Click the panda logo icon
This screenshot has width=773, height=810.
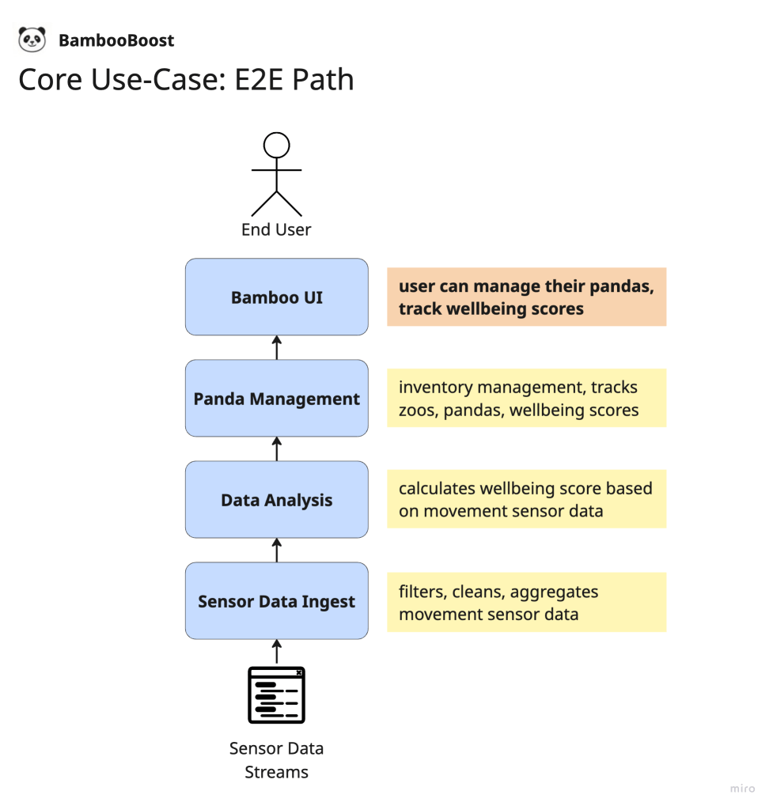(x=32, y=40)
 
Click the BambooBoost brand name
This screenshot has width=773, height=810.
(x=116, y=40)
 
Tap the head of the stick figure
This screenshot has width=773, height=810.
(x=277, y=146)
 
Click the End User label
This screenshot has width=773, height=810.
(x=276, y=230)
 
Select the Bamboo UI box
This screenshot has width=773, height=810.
(x=277, y=297)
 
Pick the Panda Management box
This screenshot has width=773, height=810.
(x=277, y=399)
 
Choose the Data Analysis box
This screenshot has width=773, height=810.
(x=277, y=500)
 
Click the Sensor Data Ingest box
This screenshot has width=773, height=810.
(x=277, y=601)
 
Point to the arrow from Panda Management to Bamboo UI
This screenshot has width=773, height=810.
(x=277, y=348)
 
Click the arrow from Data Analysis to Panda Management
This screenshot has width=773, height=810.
(x=277, y=449)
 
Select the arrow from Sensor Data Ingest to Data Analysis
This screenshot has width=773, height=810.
(x=277, y=551)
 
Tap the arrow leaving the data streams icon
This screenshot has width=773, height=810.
(x=277, y=652)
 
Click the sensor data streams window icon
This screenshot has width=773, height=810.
(x=277, y=695)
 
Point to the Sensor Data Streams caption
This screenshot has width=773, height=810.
(x=277, y=760)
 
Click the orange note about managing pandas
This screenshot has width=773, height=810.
(x=526, y=297)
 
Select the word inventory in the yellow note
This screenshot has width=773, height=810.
(x=435, y=388)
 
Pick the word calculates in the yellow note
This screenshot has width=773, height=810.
(x=436, y=489)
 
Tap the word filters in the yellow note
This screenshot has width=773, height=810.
(x=422, y=592)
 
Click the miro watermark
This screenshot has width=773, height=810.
(x=742, y=789)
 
